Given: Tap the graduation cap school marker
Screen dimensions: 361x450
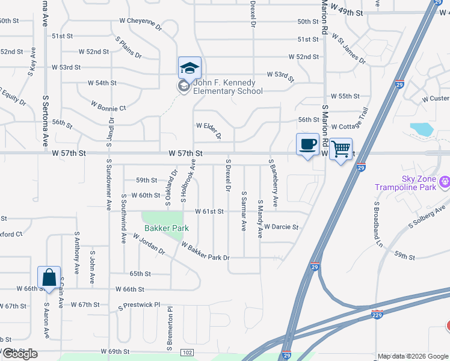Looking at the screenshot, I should coord(190,68).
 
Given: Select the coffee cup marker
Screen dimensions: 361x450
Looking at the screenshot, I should coord(307,144).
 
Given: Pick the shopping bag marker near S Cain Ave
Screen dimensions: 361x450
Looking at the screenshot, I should coord(49,278).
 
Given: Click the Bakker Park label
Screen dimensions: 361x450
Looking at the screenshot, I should coord(167,228).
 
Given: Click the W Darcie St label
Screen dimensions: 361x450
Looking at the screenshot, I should coord(281,227).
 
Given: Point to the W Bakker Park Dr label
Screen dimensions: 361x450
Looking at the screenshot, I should coord(205,252).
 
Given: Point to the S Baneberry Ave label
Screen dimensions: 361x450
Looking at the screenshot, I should coord(274,184).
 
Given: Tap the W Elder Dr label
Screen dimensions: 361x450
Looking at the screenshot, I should coord(209,130).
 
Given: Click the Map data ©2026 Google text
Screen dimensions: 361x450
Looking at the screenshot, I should coord(412,356).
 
